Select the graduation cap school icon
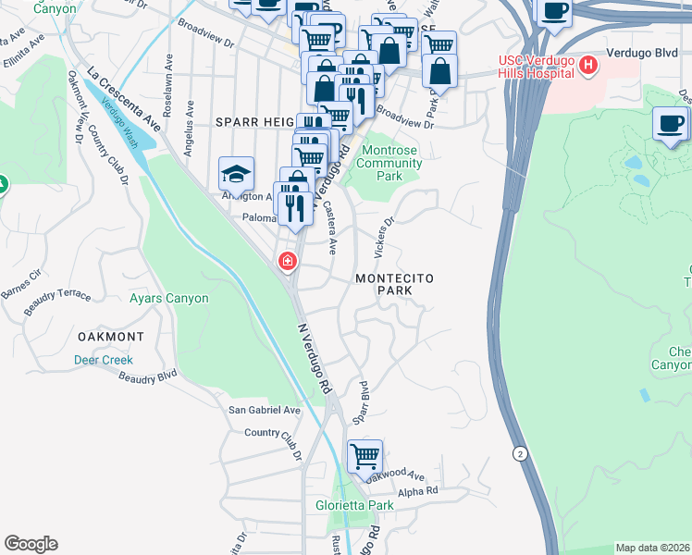click(x=236, y=174)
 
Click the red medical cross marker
click(x=288, y=262)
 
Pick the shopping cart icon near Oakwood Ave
click(x=365, y=456)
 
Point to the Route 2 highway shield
click(x=520, y=452)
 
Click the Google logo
click(x=31, y=544)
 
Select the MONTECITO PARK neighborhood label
click(x=395, y=284)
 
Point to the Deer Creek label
click(x=104, y=360)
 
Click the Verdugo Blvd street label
click(x=643, y=55)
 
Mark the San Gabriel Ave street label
click(x=265, y=410)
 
